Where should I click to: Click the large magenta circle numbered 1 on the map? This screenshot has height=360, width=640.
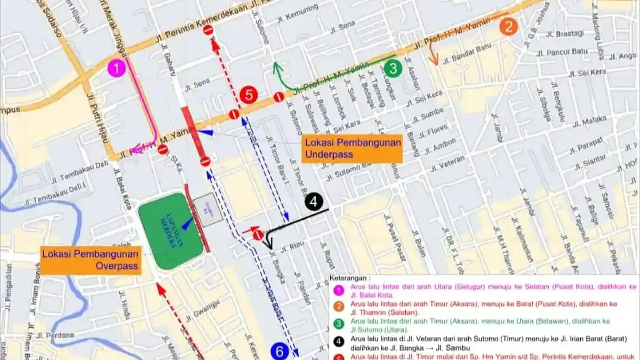tap(116, 68)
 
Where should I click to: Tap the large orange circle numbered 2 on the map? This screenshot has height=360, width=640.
tap(508, 26)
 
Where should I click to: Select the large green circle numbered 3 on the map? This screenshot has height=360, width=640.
tap(393, 68)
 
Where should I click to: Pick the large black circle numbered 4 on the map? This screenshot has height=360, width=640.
tap(314, 202)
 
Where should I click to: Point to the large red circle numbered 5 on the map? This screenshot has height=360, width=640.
tap(249, 95)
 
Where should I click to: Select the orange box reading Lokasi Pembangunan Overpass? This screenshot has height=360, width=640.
tap(91, 260)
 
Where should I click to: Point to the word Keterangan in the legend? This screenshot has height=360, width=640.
tap(349, 278)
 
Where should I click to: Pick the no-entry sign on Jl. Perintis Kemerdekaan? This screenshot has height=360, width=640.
tap(209, 30)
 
